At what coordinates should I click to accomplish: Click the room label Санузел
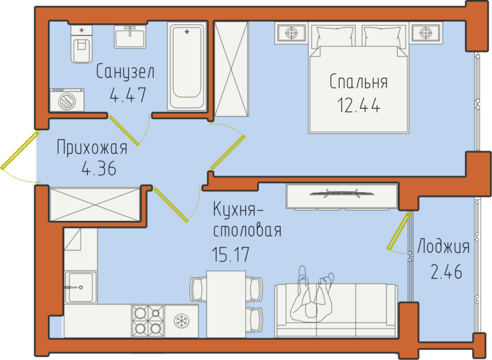[125, 72]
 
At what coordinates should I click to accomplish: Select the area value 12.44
[359, 105]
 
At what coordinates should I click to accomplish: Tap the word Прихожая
[92, 147]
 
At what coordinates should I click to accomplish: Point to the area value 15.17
[231, 254]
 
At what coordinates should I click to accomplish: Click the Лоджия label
[443, 247]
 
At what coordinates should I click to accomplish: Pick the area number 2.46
[446, 272]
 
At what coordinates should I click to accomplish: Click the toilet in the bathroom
[81, 44]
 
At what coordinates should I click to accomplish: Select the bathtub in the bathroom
[187, 66]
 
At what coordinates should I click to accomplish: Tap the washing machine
[67, 100]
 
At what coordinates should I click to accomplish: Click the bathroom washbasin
[130, 37]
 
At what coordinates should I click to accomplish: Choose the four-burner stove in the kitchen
[148, 321]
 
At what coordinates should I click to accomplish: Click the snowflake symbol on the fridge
[181, 321]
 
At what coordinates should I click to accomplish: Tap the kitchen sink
[80, 287]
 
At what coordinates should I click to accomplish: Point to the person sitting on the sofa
[312, 295]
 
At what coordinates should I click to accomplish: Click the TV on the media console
[341, 193]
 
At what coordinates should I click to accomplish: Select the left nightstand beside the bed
[291, 33]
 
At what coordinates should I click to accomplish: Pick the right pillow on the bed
[382, 37]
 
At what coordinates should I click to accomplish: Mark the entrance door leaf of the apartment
[20, 151]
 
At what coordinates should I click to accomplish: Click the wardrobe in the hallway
[95, 204]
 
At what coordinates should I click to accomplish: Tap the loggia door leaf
[398, 231]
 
